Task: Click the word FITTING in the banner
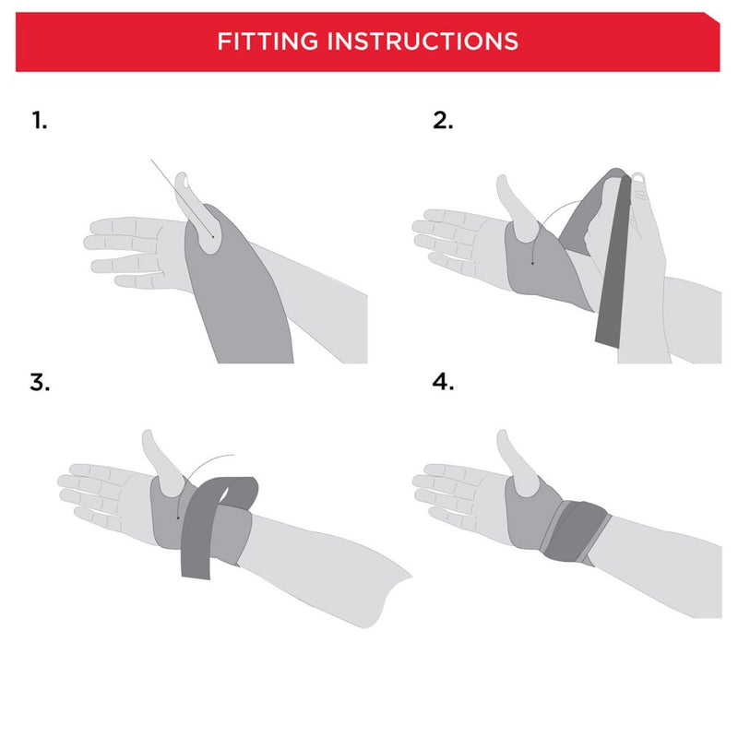click(x=268, y=42)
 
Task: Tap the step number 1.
click(x=39, y=120)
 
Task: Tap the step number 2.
click(x=444, y=120)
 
